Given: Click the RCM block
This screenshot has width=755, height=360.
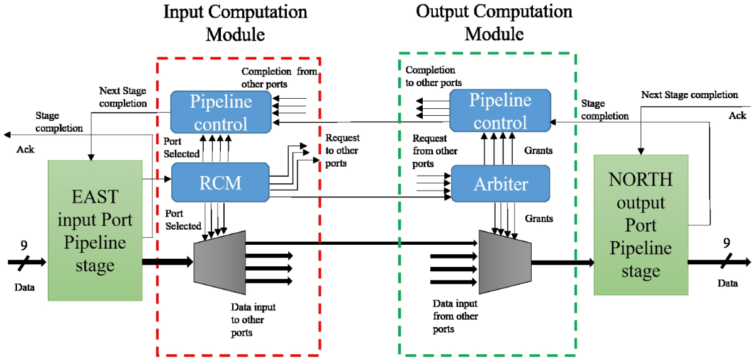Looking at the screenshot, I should (220, 183).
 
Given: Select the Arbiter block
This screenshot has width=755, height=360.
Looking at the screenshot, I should (501, 184).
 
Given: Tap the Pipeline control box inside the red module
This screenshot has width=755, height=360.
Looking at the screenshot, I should (221, 111).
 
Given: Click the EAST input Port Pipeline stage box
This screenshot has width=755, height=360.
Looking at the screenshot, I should (95, 231).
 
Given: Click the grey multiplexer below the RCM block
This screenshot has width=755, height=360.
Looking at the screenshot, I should (219, 260).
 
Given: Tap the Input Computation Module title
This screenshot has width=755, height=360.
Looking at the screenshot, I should (235, 23).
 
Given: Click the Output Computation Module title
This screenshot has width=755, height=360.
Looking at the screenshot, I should (495, 23).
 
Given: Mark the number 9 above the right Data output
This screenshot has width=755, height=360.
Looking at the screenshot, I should (727, 242).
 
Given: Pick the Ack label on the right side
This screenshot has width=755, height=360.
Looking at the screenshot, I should (737, 116).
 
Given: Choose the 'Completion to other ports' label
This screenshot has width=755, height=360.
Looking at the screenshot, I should (433, 76).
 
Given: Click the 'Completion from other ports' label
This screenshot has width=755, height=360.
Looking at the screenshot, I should (279, 77).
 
